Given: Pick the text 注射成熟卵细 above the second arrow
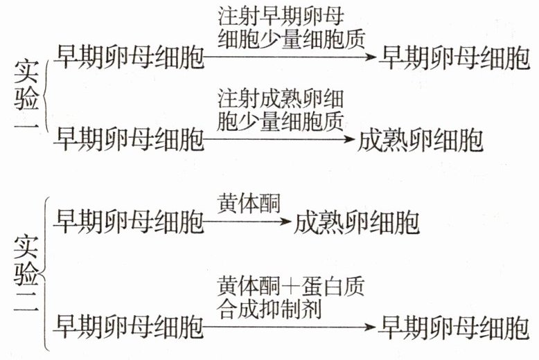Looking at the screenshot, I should coord(281,96).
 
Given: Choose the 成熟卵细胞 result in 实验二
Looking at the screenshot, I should coord(356,224).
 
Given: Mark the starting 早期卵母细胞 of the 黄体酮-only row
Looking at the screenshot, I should coord(131,224).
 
